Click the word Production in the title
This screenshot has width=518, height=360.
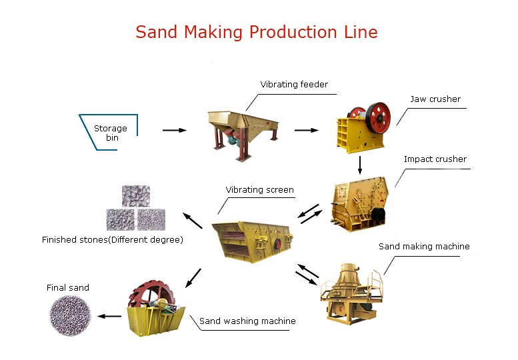coord(293,33)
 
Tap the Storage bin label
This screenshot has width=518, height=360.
coord(111,133)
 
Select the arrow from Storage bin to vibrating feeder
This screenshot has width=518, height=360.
coord(175,130)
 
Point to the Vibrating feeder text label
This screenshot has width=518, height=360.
coord(294,84)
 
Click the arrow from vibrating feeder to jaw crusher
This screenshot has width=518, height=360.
coord(307,130)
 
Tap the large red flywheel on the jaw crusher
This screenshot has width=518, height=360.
coord(378,118)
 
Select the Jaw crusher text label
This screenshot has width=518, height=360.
coord(435,99)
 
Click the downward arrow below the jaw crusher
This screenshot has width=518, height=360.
coord(360,165)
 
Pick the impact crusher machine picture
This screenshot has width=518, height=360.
coord(359,204)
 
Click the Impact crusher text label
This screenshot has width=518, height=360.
coord(435,159)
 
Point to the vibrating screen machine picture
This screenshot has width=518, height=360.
coord(253,242)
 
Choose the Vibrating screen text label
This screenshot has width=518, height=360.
coord(259,190)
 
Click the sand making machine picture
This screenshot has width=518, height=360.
coord(352,293)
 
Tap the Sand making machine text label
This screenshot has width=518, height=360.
coord(424,247)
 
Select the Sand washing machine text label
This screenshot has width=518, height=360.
coord(247,321)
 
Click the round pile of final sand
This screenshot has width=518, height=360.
coord(70,316)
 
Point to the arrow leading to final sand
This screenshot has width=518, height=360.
coord(110,317)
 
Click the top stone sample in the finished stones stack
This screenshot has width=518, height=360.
coord(136,196)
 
